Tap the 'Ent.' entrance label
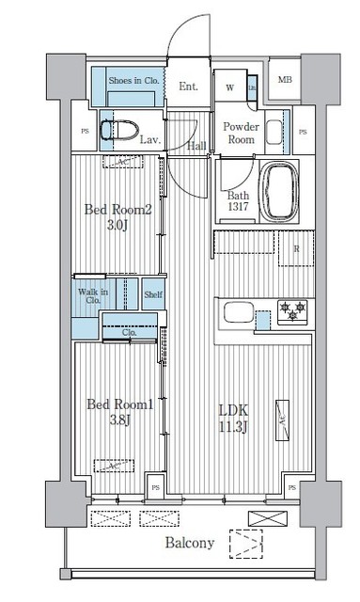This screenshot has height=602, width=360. click(x=188, y=87)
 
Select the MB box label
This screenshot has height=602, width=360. click(x=284, y=79)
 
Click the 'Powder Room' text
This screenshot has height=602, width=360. click(x=240, y=133)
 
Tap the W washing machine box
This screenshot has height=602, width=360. click(x=230, y=87)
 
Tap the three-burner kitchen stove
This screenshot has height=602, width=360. click(x=292, y=310)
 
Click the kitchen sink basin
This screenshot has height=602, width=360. click(x=232, y=311)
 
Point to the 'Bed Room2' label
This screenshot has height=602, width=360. click(x=117, y=210)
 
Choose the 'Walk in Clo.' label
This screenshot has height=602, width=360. click(x=92, y=296)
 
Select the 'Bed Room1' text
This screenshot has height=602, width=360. click(x=119, y=404)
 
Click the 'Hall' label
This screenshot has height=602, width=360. click(x=196, y=145)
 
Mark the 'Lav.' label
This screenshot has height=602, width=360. click(x=149, y=140)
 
